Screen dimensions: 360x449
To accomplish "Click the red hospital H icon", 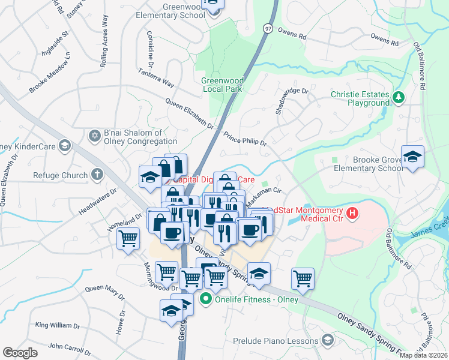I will tap(353, 212).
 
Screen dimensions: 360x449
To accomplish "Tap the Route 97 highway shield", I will tap(268, 28).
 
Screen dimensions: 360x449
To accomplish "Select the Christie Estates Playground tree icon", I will tap(397, 97).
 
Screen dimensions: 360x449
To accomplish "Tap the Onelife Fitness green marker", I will tap(206, 298).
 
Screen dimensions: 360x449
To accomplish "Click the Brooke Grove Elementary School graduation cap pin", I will tap(412, 157).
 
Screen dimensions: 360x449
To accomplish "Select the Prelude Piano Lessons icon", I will tap(327, 341).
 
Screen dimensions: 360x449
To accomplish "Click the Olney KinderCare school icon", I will tap(65, 145).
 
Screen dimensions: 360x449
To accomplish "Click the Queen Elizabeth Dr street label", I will tap(190, 114).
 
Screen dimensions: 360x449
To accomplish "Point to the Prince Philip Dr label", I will tap(245, 139).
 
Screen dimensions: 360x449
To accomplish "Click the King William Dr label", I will tap(58, 325).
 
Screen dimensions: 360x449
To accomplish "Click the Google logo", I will tap(20, 353).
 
